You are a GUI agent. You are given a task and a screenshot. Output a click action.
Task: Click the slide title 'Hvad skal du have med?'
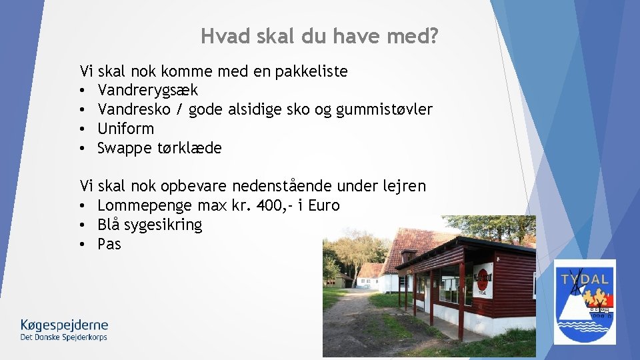pyautogui.click(x=320, y=36)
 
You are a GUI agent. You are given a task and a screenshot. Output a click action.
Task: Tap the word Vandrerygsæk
pyautogui.click(x=147, y=90)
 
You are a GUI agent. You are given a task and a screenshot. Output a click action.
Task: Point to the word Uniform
pyautogui.click(x=125, y=129)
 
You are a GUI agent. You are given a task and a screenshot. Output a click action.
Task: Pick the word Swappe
pyautogui.click(x=124, y=148)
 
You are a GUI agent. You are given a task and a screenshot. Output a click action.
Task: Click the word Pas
pyautogui.click(x=109, y=244)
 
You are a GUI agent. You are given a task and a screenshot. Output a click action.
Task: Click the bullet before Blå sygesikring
pyautogui.click(x=84, y=225)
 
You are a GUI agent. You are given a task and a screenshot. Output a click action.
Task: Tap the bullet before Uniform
pyautogui.click(x=84, y=129)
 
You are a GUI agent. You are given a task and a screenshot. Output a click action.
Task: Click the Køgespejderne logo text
pyautogui.click(x=64, y=325)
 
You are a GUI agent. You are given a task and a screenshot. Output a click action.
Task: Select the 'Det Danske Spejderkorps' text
pyautogui.click(x=64, y=337)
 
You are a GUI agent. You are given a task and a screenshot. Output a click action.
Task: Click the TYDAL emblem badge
pyautogui.click(x=585, y=301)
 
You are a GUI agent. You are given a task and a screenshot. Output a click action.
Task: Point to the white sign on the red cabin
pyautogui.click(x=482, y=279)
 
